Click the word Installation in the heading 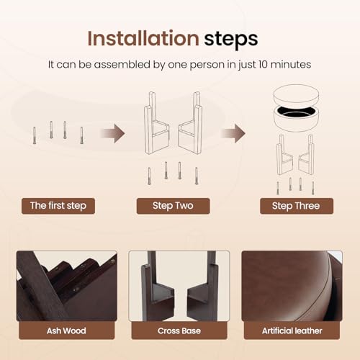point(143,38)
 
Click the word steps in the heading point(231,40)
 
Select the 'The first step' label point(58,206)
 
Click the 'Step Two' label point(173,206)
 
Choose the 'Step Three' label point(297,206)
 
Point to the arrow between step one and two point(113,133)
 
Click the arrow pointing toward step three point(233,133)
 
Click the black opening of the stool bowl point(296,111)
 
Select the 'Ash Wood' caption point(66,330)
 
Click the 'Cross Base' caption point(179,330)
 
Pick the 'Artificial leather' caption point(292,330)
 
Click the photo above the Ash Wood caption point(67,286)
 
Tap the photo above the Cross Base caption point(179,286)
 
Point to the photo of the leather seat point(292,286)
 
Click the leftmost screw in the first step point(35,135)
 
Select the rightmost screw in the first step point(81,135)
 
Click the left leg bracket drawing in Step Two point(156,123)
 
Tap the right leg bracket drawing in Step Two point(190,123)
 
